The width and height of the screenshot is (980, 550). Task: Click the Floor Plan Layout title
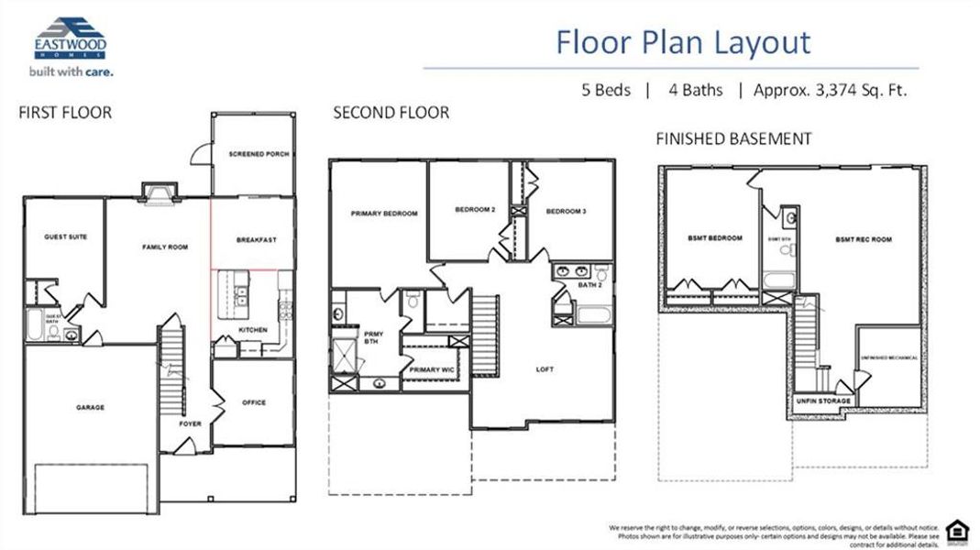[x=683, y=42]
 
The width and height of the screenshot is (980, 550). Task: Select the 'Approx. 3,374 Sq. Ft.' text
[x=830, y=90]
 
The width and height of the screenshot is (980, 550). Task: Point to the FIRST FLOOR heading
[x=65, y=113]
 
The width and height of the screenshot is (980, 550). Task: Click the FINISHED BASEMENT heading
[x=733, y=138]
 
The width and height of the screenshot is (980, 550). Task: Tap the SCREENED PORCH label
[x=259, y=154]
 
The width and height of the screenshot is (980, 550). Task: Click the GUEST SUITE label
[x=65, y=236]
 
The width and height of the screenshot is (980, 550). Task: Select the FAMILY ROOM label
[x=164, y=247]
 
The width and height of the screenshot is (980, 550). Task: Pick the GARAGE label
[x=90, y=407]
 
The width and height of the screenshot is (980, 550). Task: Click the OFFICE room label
[x=253, y=402]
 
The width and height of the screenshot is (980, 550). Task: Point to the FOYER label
[x=191, y=423]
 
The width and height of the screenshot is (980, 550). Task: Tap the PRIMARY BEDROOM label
[x=383, y=214]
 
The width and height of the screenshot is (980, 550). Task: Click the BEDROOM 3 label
[x=566, y=211]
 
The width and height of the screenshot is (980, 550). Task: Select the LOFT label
[x=545, y=369]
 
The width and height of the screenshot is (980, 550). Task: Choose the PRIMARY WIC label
[x=432, y=369]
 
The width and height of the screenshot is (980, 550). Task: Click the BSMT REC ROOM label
[x=863, y=239]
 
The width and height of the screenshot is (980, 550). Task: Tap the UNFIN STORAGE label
[x=823, y=401]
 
